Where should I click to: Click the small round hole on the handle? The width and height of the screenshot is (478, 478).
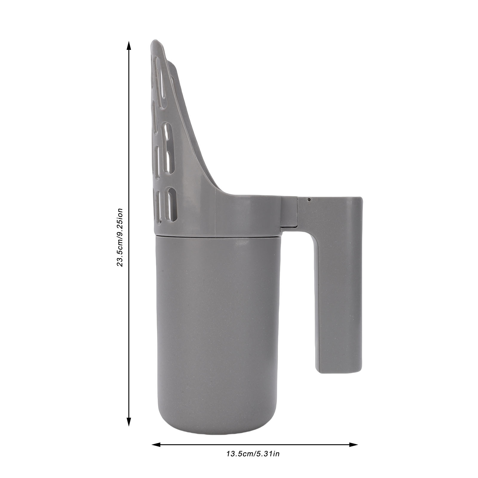[309, 199]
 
